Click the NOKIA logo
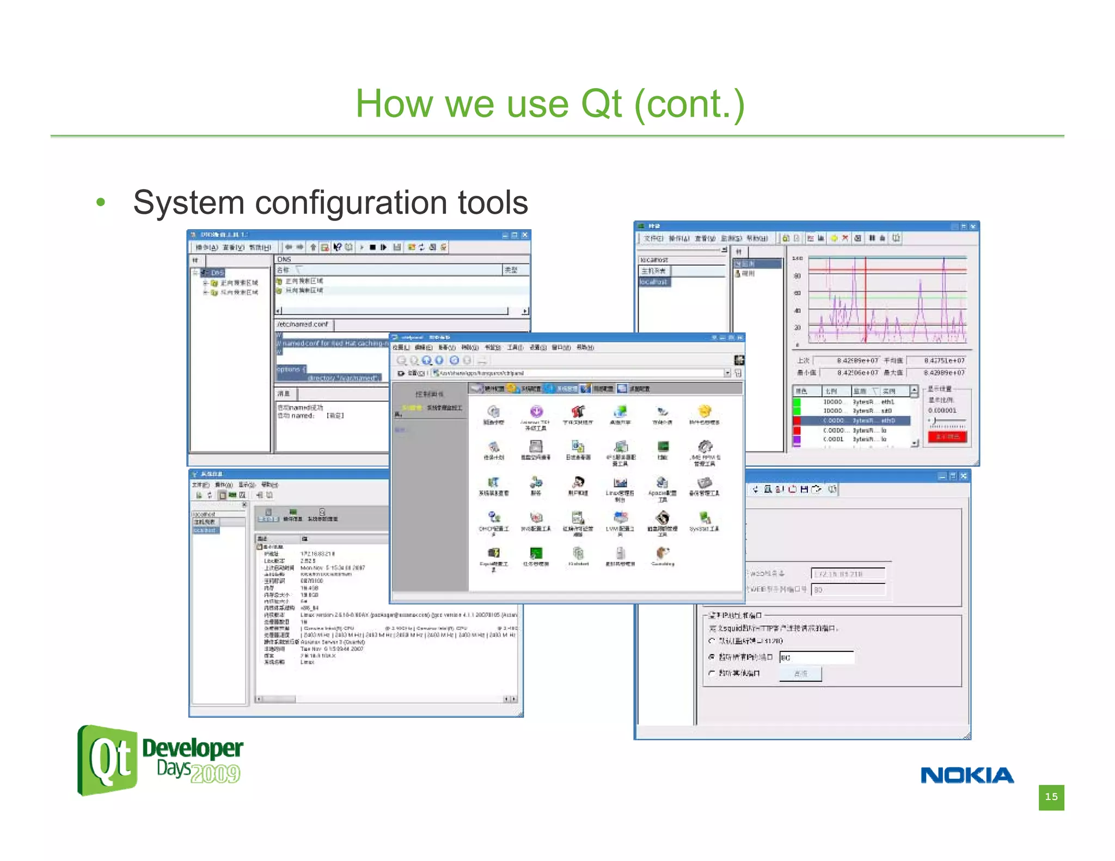coord(967,775)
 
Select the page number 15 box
coord(1051,797)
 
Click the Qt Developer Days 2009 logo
coord(160,760)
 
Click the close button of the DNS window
coord(525,235)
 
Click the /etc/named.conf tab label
coord(303,324)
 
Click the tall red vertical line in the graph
coord(865,299)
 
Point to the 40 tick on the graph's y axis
coord(798,311)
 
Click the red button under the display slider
coord(947,436)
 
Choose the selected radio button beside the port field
coord(712,657)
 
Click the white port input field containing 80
coord(817,657)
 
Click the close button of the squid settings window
coord(964,476)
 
